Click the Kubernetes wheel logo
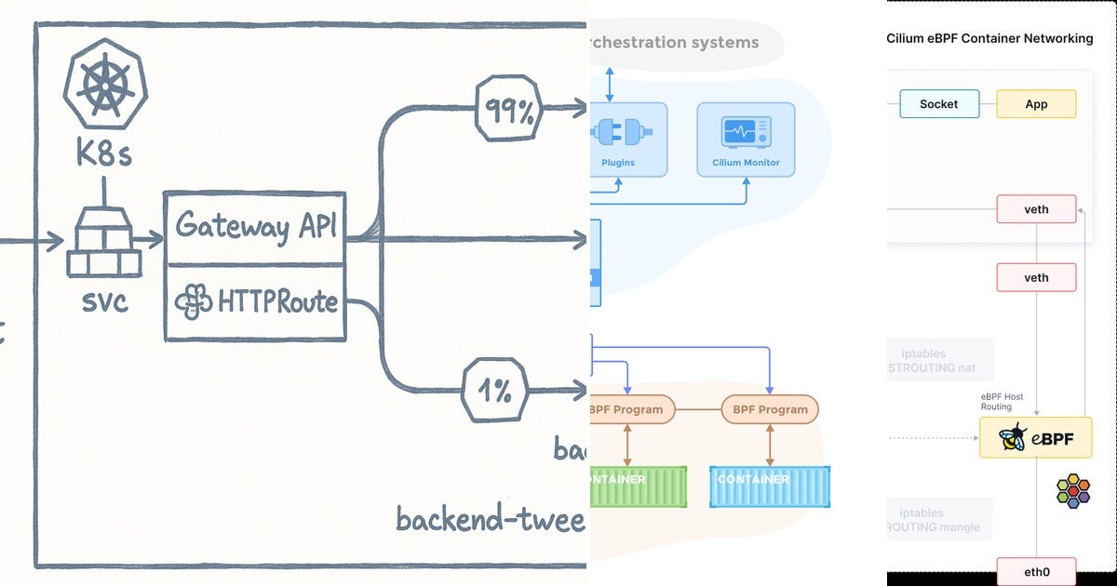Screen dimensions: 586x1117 [x=104, y=83]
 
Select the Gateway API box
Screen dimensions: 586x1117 [x=254, y=227]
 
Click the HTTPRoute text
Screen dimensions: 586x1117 [x=277, y=301]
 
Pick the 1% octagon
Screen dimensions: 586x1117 [x=496, y=392]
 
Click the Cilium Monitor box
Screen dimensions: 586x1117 [x=746, y=140]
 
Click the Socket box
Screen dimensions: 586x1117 [x=938, y=104]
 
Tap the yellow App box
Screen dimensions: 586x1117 [x=1036, y=104]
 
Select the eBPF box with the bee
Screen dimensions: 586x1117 [x=1035, y=437]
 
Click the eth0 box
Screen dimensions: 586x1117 [x=1036, y=571]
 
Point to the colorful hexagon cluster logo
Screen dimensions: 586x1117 [x=1073, y=489]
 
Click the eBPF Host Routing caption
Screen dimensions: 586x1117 [x=1002, y=402]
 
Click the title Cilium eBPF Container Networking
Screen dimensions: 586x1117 [x=989, y=39]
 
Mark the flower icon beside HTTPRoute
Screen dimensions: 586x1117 [x=193, y=301]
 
